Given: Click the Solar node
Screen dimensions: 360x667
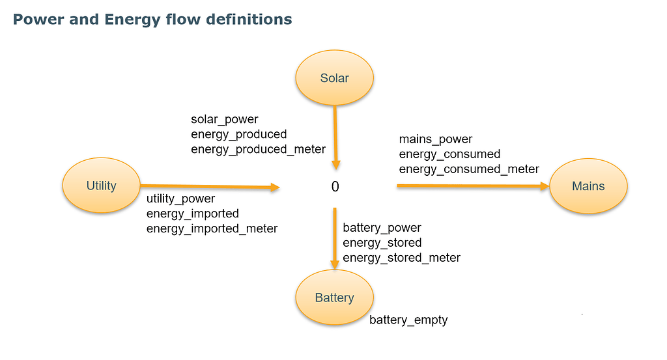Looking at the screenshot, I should [x=334, y=78].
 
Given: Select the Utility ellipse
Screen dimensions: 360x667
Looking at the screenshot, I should [x=101, y=186].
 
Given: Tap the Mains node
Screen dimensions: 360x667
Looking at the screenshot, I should [x=588, y=186].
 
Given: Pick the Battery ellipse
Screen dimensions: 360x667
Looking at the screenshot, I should [x=334, y=298].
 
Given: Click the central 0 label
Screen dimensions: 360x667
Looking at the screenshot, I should [x=335, y=187].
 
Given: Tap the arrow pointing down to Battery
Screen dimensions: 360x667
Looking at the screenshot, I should [x=335, y=238].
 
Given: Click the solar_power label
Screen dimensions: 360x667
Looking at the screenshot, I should [x=225, y=120].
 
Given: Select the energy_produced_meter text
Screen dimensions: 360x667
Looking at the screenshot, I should [x=258, y=149].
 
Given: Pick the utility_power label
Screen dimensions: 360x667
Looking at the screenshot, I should [x=180, y=199].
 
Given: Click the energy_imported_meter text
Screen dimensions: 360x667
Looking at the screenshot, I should [x=212, y=228].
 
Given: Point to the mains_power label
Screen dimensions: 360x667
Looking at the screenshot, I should [x=436, y=139].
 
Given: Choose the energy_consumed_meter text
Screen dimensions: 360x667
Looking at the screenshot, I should [x=469, y=169].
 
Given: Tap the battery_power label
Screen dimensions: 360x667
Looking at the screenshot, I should [x=382, y=228].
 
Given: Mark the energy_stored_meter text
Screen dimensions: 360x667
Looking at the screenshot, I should [x=401, y=258].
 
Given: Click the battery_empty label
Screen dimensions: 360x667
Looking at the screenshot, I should [x=408, y=320].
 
